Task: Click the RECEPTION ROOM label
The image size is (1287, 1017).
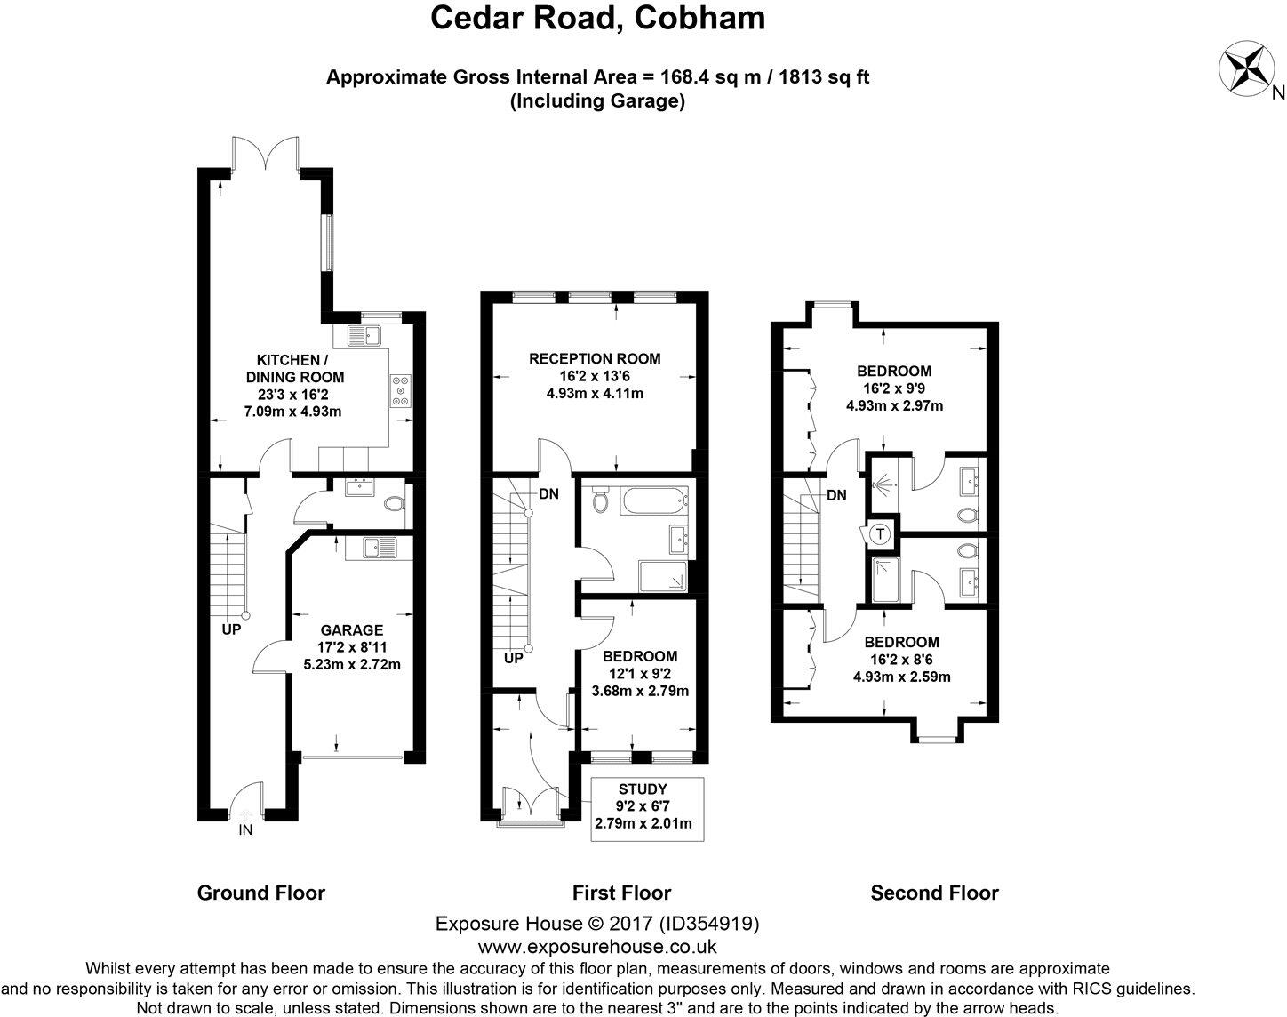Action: tap(595, 359)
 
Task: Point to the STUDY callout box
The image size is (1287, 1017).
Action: tap(648, 809)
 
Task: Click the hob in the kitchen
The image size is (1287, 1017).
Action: tap(401, 391)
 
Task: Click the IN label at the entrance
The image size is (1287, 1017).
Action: tap(244, 831)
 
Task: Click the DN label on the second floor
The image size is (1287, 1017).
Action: tap(836, 495)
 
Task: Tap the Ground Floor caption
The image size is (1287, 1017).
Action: tap(260, 893)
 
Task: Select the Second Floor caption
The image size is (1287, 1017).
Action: tap(934, 893)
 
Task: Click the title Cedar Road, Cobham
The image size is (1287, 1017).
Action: tap(598, 18)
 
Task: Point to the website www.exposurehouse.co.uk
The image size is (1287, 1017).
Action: tap(597, 947)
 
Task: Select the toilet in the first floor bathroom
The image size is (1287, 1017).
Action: tap(600, 500)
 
